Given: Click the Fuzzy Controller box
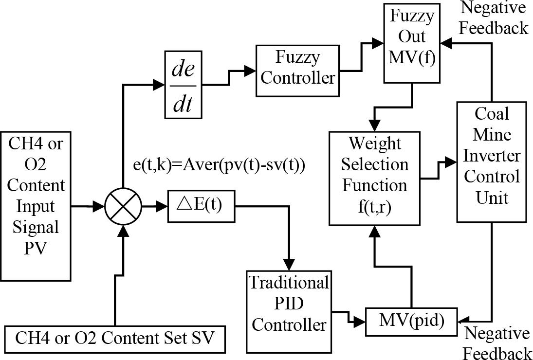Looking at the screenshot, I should click(297, 68).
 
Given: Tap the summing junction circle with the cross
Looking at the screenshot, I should click(123, 207).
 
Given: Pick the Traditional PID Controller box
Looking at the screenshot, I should click(289, 304).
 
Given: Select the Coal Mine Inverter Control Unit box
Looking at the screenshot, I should click(492, 162).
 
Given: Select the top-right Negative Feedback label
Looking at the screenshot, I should click(494, 18).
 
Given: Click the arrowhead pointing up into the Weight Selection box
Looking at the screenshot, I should click(374, 232).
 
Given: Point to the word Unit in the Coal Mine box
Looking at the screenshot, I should click(492, 198).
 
